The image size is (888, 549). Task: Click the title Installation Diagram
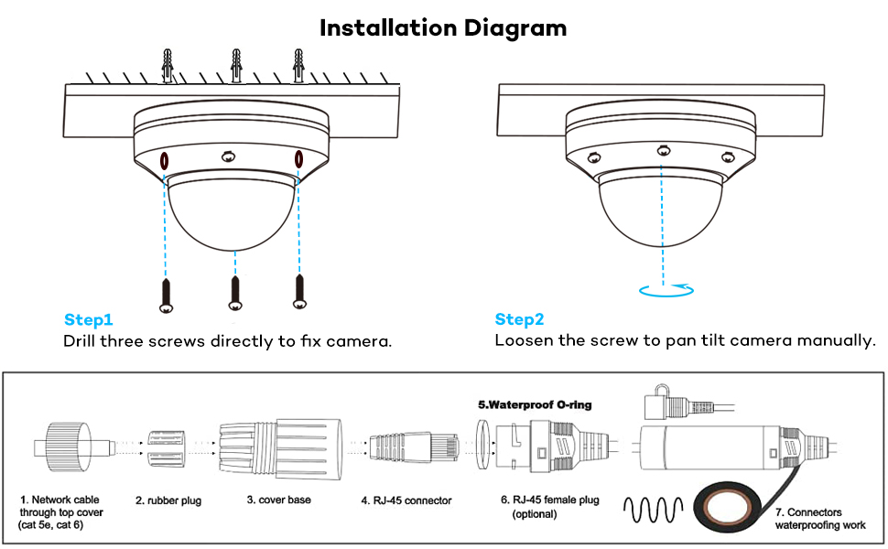pos(443,27)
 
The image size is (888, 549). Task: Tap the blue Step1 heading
pos(89,319)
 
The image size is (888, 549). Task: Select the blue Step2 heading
pos(519,319)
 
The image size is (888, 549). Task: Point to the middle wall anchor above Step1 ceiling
pos(236,66)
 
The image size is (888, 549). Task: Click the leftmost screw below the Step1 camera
pos(166,296)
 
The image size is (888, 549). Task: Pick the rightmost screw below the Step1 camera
pos(299,292)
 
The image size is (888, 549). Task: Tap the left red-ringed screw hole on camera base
pos(164,161)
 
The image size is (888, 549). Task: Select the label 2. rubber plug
pos(168,501)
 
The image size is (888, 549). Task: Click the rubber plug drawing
pos(166,448)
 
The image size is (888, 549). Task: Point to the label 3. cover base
pos(278,500)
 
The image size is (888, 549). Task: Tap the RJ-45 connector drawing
pos(414,446)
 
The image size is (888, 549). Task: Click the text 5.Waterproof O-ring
pos(535,404)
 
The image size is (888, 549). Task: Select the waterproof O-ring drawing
pos(482,445)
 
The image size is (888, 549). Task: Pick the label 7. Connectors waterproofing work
pos(820,519)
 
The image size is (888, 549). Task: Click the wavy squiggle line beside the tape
pos(653,510)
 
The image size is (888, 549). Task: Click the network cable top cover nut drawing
pos(68,447)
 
